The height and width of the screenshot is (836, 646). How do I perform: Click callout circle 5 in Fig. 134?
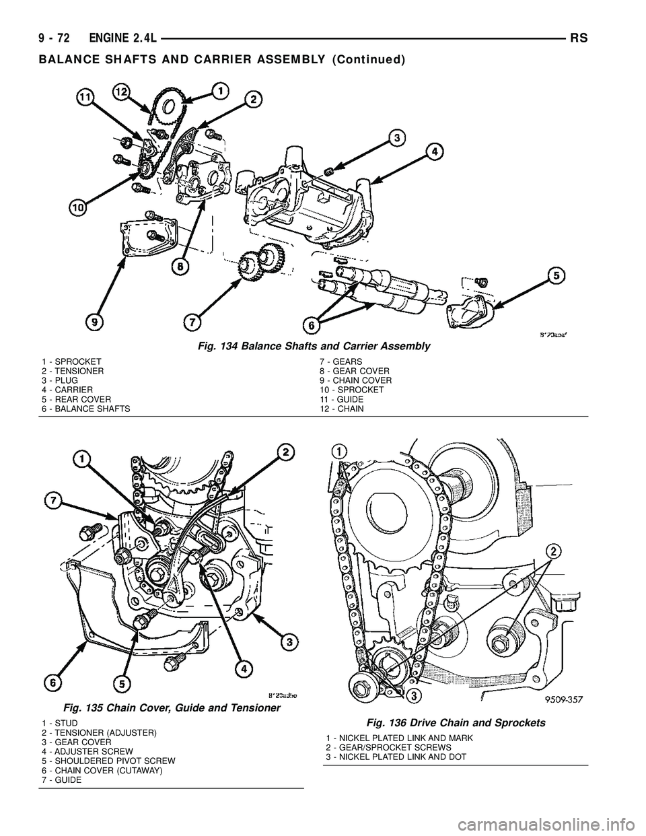coord(555,275)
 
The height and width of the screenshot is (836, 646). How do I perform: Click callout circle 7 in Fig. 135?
coord(52,499)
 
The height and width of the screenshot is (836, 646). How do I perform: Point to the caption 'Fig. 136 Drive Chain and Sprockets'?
coord(456,722)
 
